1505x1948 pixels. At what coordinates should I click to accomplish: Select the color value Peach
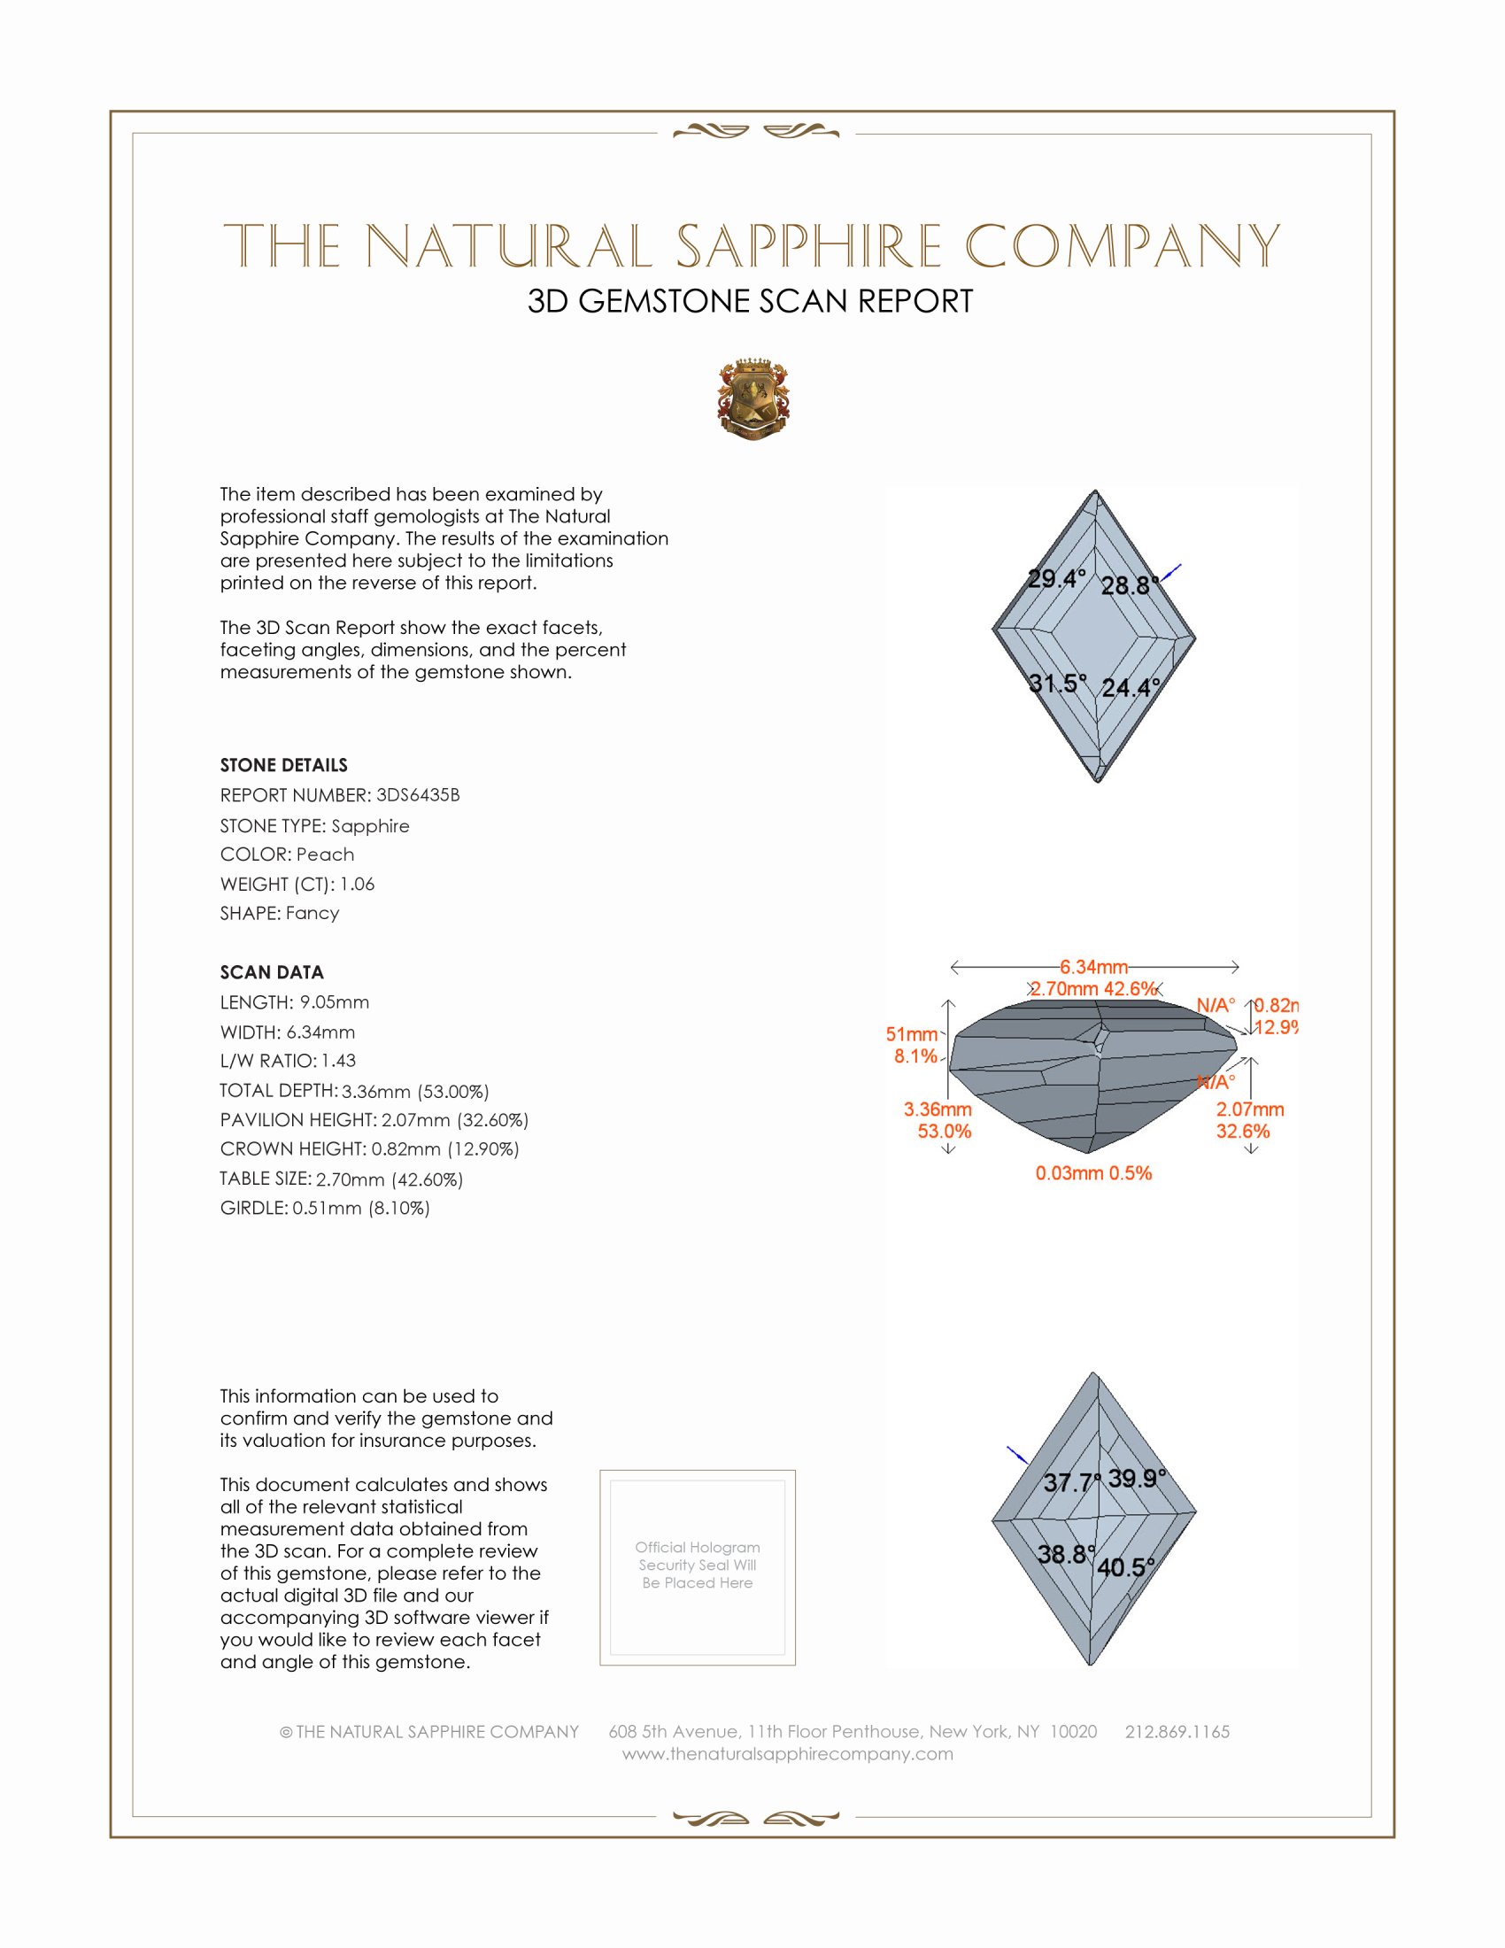click(325, 854)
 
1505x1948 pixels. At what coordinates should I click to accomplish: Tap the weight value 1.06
click(357, 884)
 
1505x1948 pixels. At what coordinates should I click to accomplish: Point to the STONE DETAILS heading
click(283, 765)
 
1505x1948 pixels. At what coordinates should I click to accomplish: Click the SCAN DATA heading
click(272, 972)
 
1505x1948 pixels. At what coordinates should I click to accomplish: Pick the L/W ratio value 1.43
click(338, 1061)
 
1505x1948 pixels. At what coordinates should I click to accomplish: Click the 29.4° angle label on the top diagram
click(1056, 579)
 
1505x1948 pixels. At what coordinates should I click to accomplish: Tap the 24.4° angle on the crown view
click(1131, 688)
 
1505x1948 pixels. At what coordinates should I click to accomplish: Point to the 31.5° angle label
click(1057, 684)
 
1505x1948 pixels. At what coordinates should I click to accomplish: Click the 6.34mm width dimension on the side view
click(1093, 967)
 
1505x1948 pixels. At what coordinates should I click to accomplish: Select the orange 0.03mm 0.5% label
click(1093, 1173)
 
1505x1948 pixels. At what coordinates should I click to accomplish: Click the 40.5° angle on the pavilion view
click(1125, 1567)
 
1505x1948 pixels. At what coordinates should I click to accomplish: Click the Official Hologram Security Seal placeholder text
click(698, 1565)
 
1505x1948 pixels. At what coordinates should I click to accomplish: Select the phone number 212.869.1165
click(1177, 1731)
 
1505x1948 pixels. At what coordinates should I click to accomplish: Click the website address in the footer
click(787, 1753)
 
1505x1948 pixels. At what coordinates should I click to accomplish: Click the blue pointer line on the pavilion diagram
click(1016, 1455)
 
